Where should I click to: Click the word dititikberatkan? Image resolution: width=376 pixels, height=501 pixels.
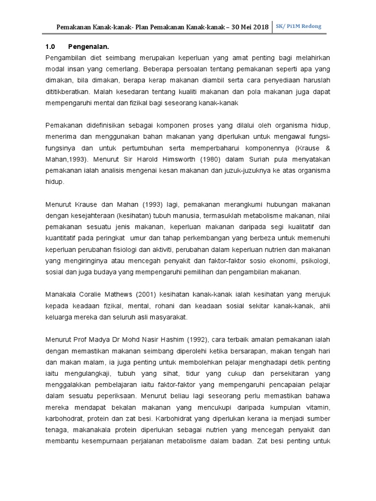click(65, 91)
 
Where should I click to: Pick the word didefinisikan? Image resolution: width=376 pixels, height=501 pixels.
click(107, 126)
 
